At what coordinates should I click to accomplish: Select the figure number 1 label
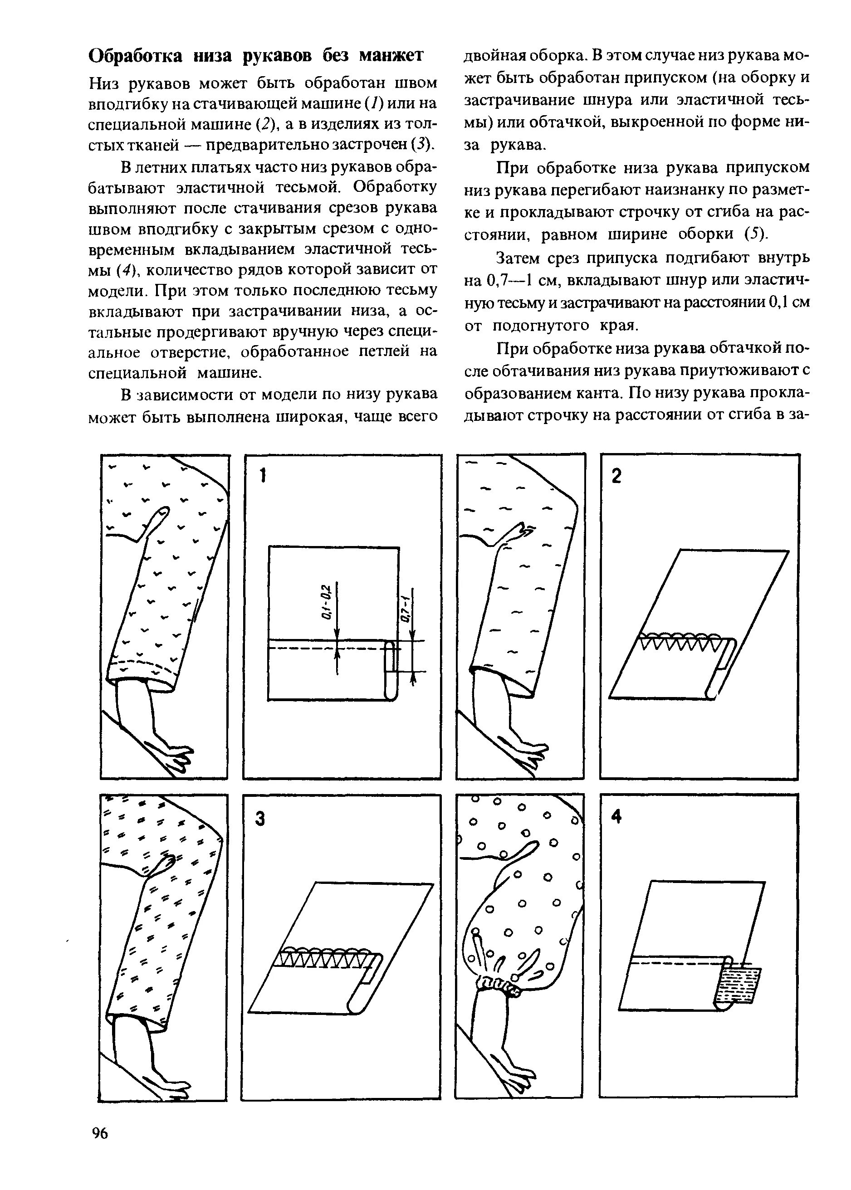tap(264, 476)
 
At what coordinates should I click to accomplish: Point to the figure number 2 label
tap(617, 476)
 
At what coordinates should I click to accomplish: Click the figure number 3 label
tap(260, 819)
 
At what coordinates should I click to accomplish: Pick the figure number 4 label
tap(617, 817)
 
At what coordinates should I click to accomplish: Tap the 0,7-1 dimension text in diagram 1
tap(405, 610)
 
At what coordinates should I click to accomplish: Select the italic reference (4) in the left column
tap(126, 270)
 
